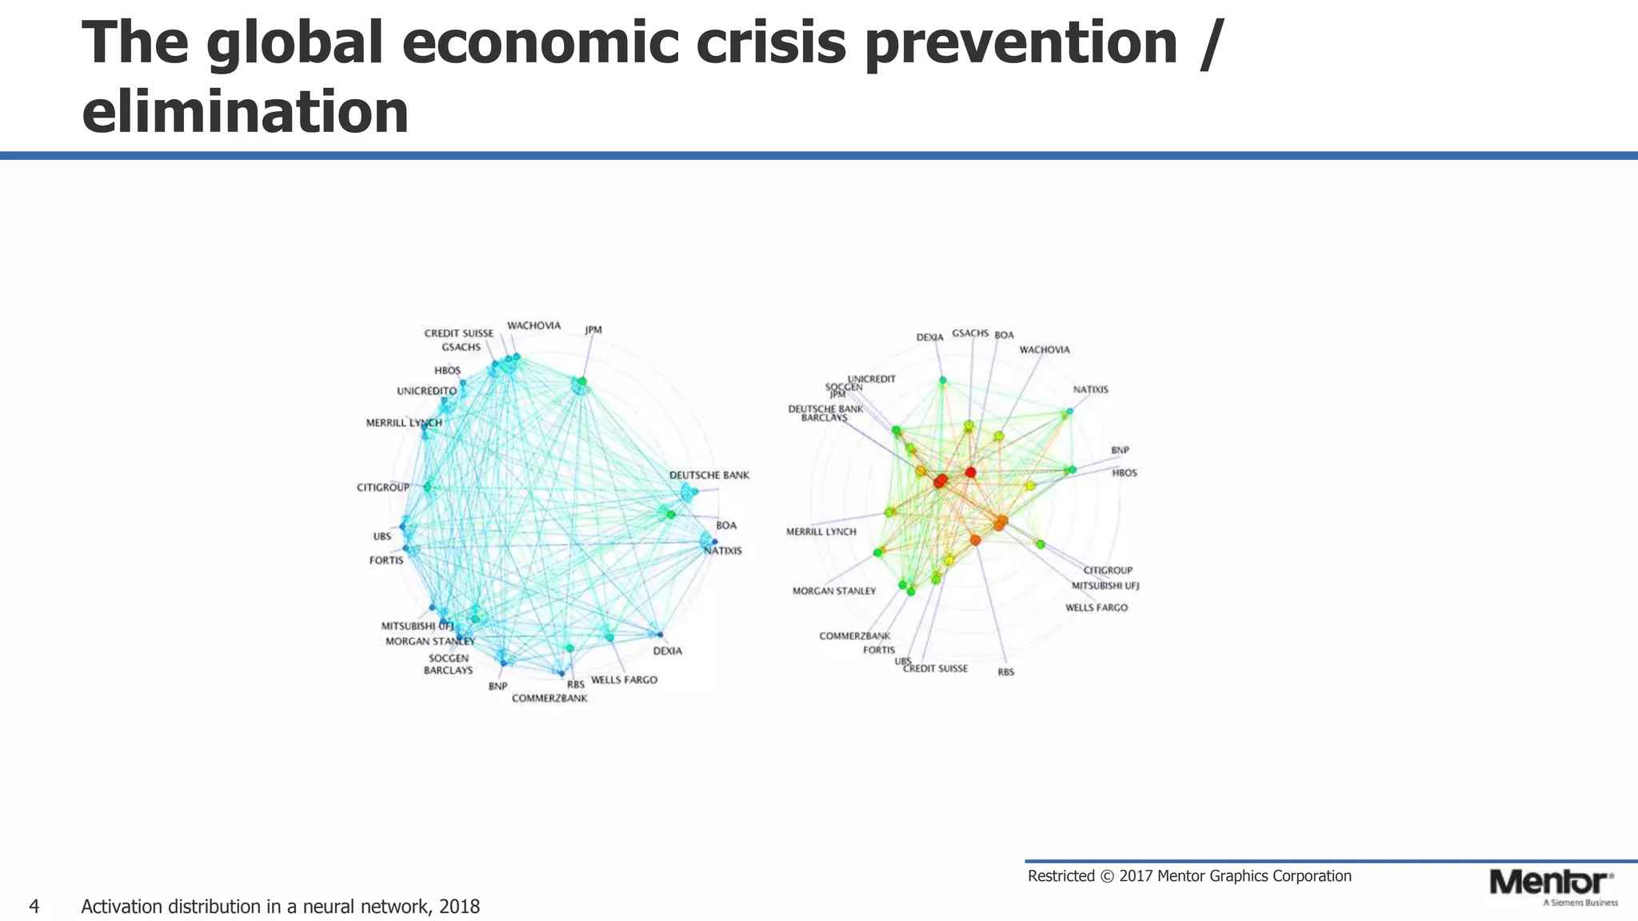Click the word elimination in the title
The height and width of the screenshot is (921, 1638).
coord(246,112)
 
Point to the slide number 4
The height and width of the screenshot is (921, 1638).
coord(34,907)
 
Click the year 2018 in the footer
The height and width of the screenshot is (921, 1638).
coord(459,907)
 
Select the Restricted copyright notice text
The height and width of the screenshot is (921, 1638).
coord(1189,876)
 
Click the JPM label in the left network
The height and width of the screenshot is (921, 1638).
coord(593,330)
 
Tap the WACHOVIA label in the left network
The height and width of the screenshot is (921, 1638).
coord(534,326)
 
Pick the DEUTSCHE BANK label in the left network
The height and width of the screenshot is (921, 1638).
coord(709,475)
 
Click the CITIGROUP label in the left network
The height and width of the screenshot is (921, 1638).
coord(383,488)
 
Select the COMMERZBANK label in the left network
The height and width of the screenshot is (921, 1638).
coord(549,699)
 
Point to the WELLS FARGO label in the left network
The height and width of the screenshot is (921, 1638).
coord(624,680)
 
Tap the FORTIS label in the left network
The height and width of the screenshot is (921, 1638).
coord(386,560)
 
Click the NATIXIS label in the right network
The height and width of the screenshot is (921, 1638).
coord(1091,390)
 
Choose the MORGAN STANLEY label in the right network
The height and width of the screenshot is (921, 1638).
coord(834,592)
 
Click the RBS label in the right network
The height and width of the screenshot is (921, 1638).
coord(1006,672)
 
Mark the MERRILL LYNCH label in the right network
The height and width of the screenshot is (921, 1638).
coord(821,532)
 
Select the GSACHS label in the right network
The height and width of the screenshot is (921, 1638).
coord(970,333)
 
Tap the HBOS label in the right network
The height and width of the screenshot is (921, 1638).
coord(1125,473)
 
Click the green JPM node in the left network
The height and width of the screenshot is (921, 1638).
coord(582,382)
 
